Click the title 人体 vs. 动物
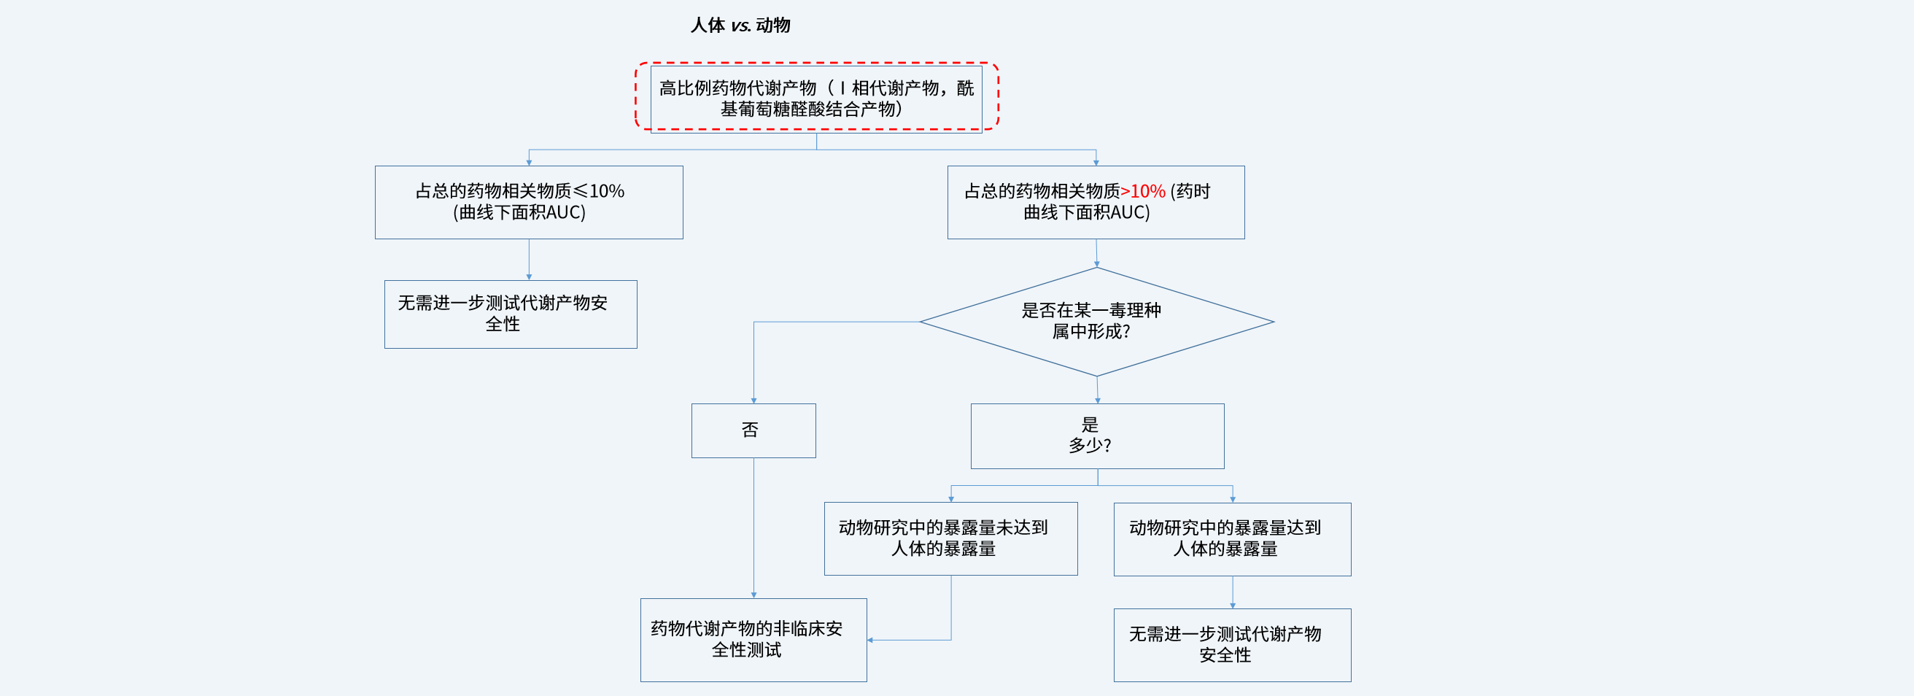740,26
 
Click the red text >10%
1143,192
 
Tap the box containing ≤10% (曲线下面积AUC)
529,202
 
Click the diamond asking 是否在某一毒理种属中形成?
1097,322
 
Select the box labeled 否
753,431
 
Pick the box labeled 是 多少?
1098,436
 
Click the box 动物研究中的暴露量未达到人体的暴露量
951,538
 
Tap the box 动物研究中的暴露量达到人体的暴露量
1233,539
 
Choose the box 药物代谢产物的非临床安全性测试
753,641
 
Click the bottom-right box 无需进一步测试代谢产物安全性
1233,646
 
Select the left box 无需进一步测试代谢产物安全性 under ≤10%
511,314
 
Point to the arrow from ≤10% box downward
529,260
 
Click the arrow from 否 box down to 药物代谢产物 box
753,528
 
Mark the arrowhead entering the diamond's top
1097,263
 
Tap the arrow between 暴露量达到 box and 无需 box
1233,592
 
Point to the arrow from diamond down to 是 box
1098,390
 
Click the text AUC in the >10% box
1128,213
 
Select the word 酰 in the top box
965,88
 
